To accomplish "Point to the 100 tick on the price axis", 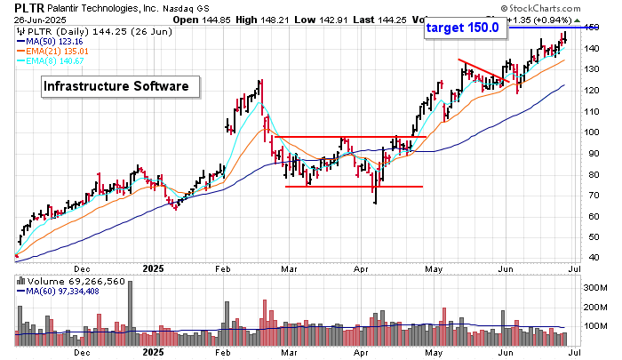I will [593, 132].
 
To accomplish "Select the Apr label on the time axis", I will [362, 268].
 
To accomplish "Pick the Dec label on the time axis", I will [83, 268].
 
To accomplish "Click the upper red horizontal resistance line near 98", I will [346, 137].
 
